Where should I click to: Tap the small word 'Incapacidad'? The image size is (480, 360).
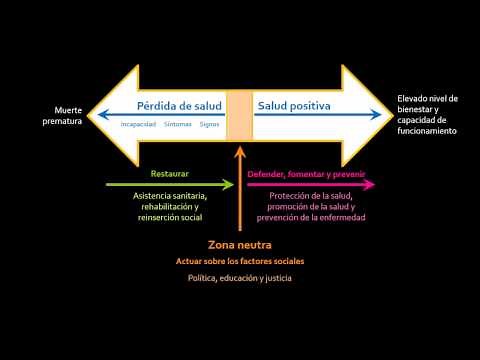coord(138,125)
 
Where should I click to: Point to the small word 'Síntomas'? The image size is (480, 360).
coord(178,125)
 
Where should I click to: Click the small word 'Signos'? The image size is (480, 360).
coord(209,125)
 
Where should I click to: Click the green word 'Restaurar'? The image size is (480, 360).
coord(169,173)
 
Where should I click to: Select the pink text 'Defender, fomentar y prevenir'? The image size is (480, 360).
coord(305,173)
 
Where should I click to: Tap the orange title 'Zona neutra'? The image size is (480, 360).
coord(239,244)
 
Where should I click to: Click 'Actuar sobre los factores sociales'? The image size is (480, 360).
coord(239,261)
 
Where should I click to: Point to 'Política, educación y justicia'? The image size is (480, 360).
coord(239,277)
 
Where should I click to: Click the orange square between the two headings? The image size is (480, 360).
coord(239,115)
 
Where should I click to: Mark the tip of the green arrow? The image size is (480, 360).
coord(233,184)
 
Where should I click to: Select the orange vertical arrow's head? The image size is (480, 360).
coord(239,152)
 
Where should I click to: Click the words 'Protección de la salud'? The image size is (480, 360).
coord(311,195)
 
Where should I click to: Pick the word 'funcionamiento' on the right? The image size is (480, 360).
coord(427,131)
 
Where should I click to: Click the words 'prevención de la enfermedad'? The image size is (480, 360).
coord(311,217)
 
